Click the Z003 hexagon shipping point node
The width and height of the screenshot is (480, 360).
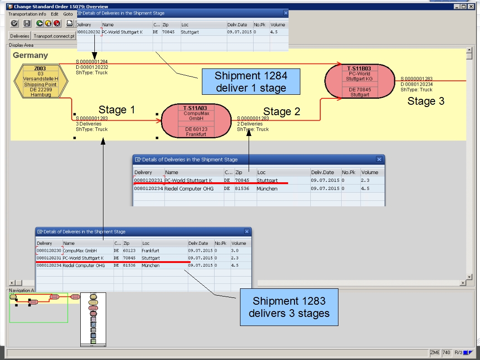(40, 81)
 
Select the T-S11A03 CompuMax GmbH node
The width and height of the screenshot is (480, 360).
(196, 121)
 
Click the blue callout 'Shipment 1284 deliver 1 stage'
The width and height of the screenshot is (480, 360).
(251, 82)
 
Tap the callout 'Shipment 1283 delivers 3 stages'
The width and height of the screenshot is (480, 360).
(289, 307)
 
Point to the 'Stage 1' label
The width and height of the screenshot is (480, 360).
(117, 110)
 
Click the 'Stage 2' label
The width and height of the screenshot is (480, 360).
(282, 112)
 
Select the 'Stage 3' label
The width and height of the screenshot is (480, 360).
(426, 101)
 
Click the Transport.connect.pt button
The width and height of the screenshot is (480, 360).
(54, 36)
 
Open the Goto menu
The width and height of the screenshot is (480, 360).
(68, 14)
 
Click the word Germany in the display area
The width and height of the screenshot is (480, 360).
(30, 55)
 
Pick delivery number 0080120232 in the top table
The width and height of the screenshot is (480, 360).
(88, 33)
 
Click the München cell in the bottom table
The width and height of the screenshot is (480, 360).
(151, 266)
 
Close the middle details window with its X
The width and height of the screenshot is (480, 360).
(379, 160)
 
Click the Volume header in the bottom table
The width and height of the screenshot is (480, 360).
(239, 243)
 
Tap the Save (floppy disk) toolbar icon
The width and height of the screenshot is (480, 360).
(27, 24)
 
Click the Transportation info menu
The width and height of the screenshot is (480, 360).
(27, 14)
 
